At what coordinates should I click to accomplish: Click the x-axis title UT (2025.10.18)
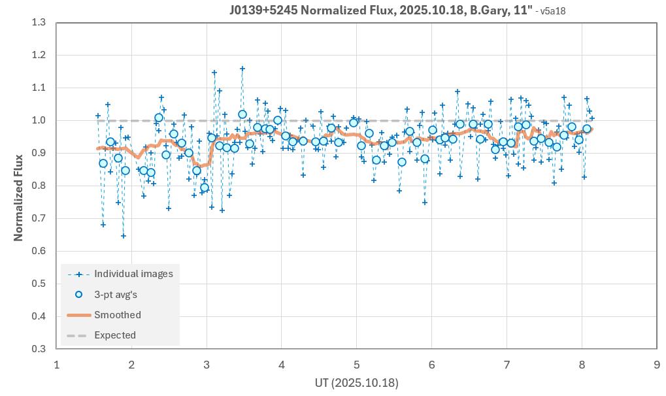click(356, 382)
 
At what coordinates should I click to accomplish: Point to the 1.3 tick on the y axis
click(39, 23)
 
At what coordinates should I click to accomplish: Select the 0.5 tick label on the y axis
click(39, 284)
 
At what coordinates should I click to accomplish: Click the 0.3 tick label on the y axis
click(39, 349)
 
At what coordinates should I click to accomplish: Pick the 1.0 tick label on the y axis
click(39, 121)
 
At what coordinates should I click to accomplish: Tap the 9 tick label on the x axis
click(656, 365)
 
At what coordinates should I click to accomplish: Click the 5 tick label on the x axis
click(356, 365)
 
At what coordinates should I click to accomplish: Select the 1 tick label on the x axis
click(57, 365)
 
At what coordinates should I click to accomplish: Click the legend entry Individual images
click(133, 274)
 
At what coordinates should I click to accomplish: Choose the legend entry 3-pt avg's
click(116, 295)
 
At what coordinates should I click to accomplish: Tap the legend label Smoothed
click(118, 315)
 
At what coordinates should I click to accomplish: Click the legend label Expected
click(115, 335)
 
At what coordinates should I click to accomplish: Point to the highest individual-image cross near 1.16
click(242, 69)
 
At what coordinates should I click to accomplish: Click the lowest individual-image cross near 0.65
click(124, 236)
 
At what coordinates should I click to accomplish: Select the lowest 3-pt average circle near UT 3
click(205, 188)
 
